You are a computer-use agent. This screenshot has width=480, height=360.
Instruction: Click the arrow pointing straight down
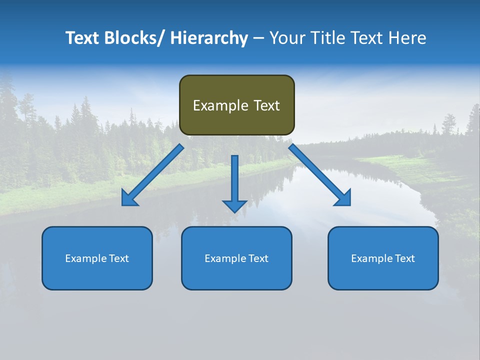click(x=234, y=182)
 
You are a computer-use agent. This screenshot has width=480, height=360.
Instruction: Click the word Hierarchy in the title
click(x=208, y=38)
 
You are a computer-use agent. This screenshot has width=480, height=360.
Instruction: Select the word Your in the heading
click(x=287, y=38)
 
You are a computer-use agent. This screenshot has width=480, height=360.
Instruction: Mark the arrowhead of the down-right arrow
click(x=343, y=198)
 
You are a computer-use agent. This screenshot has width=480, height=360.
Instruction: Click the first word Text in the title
click(x=82, y=38)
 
